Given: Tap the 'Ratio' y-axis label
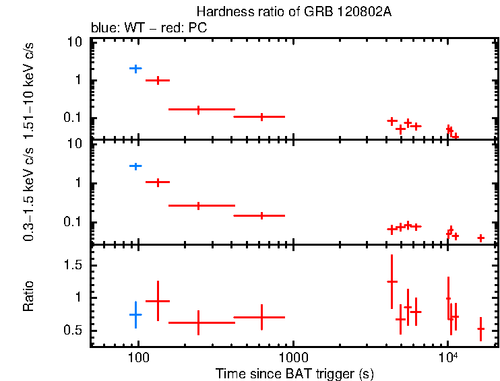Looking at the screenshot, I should point(28,297).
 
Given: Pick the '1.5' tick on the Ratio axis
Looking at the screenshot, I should point(74,265).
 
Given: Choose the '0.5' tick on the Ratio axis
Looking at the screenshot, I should point(74,331).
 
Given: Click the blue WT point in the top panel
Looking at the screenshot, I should point(135,69).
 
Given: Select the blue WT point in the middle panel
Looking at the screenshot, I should point(135,166).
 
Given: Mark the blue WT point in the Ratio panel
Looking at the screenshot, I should point(135,314).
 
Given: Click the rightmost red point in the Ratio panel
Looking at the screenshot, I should point(480,329).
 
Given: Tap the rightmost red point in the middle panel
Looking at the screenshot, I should point(480,238).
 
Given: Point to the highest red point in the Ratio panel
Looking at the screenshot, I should point(392,281).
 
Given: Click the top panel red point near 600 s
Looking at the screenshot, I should point(261,116).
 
